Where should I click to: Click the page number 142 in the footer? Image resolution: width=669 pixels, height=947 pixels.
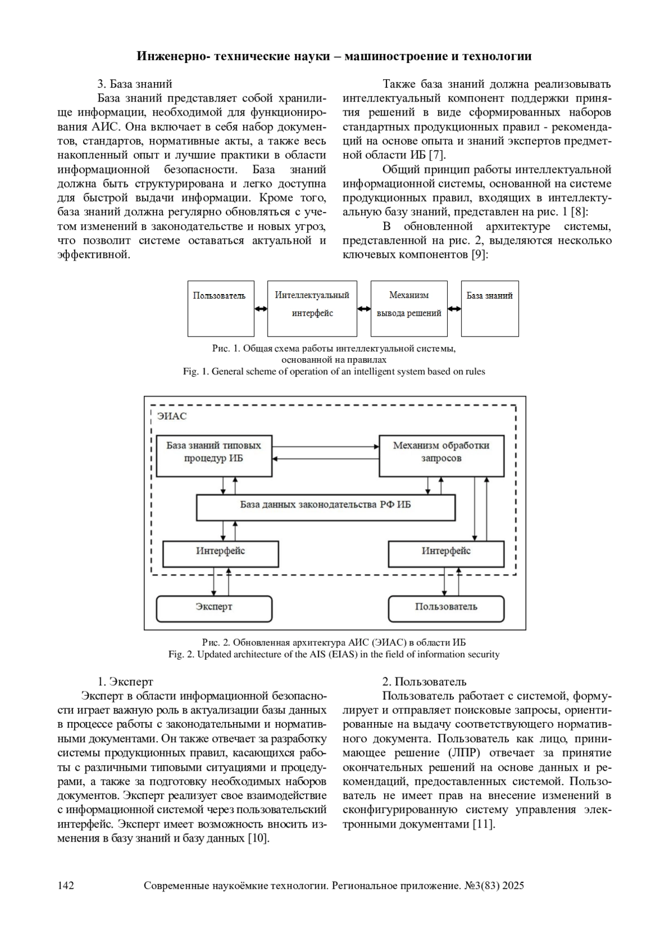coord(66,886)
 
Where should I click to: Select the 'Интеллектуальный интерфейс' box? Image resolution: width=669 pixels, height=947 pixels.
coord(312,309)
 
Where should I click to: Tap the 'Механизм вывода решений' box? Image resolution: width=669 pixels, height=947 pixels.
coord(409,309)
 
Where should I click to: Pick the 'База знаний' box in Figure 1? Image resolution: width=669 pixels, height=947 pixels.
coord(489,309)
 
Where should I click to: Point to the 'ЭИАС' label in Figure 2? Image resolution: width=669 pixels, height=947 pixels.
coord(171,416)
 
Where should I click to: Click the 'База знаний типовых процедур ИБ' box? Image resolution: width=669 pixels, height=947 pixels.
coord(214,455)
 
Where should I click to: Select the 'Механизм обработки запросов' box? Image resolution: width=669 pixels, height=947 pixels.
coord(441,455)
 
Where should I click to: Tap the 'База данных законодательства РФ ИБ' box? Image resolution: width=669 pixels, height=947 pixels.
coord(326,507)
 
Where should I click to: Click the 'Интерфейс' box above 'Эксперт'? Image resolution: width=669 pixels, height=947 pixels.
coord(220,553)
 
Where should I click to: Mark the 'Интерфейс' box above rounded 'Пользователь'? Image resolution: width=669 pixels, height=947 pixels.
coord(446,553)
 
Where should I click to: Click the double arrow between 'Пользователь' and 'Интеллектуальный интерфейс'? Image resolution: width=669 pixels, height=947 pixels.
coord(261,309)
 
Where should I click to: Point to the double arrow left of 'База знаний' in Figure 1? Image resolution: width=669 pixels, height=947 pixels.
coord(454,309)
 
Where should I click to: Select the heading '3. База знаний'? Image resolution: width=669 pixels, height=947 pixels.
coord(135,84)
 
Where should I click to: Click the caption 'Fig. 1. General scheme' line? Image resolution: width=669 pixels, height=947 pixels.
coord(334,372)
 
